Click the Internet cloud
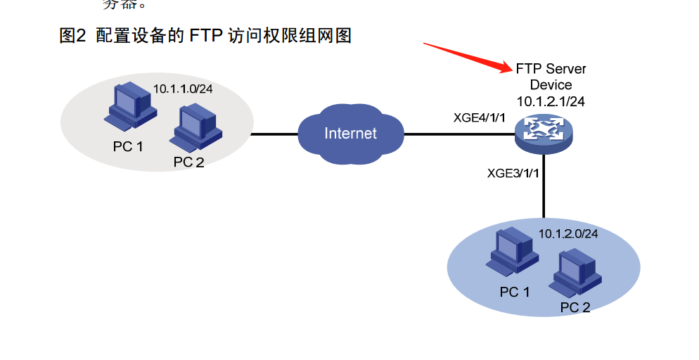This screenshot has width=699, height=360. tap(350, 134)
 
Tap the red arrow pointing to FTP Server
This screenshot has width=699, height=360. tap(468, 57)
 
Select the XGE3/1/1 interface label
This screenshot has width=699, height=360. tap(513, 173)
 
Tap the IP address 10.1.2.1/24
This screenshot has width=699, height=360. tap(551, 101)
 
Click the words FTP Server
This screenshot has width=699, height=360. tap(551, 69)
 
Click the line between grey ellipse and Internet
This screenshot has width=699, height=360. tap(275, 134)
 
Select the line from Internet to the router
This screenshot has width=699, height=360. tap(457, 134)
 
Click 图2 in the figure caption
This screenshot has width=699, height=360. tap(72, 35)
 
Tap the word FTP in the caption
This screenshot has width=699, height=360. tap(207, 35)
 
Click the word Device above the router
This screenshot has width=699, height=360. tap(551, 85)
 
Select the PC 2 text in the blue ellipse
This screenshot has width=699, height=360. tap(575, 307)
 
